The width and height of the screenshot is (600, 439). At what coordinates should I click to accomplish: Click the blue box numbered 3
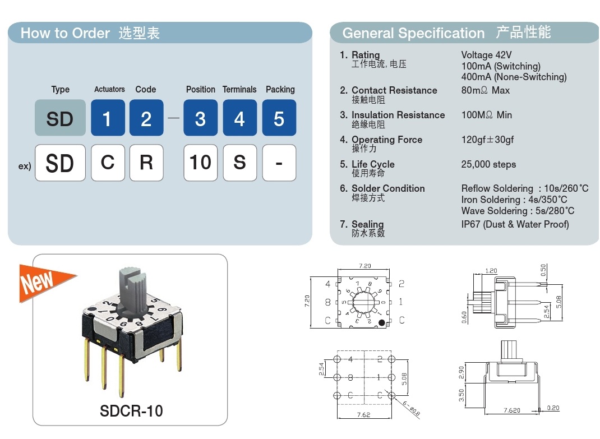click(x=200, y=118)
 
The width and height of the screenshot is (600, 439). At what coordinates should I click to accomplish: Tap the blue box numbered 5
click(x=279, y=118)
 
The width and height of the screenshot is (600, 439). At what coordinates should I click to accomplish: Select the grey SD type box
click(x=60, y=118)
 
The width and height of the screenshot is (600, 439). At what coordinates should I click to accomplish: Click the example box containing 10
click(x=200, y=163)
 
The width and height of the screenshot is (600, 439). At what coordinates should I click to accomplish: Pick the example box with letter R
click(x=146, y=163)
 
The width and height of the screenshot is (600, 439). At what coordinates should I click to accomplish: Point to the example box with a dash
click(x=279, y=163)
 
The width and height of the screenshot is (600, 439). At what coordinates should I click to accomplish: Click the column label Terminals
click(x=239, y=89)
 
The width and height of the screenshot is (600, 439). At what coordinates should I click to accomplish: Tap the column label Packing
click(x=280, y=89)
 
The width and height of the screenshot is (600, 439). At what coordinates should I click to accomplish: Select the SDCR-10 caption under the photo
click(x=131, y=411)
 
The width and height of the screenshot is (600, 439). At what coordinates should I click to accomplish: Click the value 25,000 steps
click(x=488, y=164)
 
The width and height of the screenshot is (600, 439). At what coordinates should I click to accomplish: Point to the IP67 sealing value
click(x=515, y=224)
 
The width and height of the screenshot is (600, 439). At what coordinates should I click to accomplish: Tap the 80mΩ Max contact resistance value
click(x=485, y=90)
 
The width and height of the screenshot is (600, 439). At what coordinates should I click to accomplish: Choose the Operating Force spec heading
click(x=387, y=140)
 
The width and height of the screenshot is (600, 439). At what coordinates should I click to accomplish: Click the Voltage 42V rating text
click(x=486, y=55)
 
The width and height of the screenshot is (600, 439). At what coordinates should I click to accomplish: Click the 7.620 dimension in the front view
click(x=511, y=410)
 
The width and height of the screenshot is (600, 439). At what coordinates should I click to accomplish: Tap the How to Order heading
click(x=65, y=33)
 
